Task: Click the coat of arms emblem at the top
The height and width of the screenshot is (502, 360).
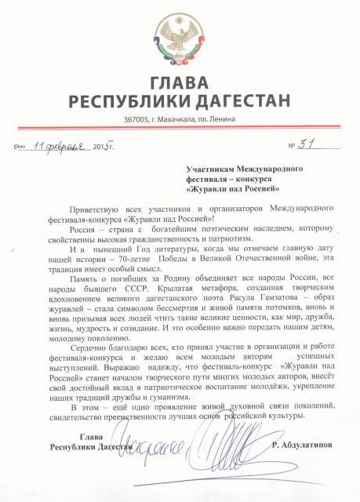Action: (180, 39)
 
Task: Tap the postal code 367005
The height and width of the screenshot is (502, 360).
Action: (136, 118)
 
